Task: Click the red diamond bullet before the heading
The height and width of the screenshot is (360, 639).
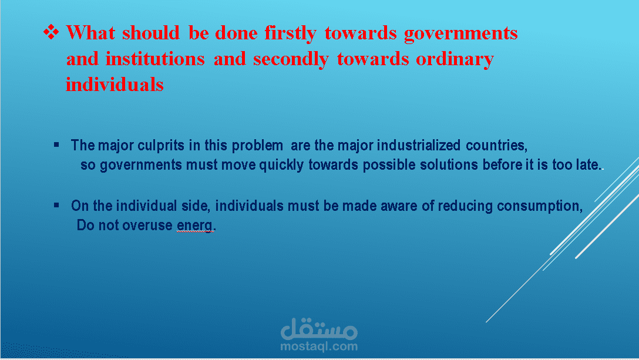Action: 51,32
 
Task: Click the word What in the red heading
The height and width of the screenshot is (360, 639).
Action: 90,33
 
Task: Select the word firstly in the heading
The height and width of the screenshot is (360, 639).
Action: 290,33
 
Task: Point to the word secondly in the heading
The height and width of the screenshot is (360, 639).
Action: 291,59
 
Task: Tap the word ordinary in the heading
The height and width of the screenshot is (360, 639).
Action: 455,59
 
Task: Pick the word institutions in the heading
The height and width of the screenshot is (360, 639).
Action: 155,59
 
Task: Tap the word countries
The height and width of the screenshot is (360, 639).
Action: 496,146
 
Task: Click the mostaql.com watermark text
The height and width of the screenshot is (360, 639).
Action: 319,346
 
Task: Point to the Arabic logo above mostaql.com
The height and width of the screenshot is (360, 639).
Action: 319,329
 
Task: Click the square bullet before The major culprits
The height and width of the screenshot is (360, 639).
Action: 56,144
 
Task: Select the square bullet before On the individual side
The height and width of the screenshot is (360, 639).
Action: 56,205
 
